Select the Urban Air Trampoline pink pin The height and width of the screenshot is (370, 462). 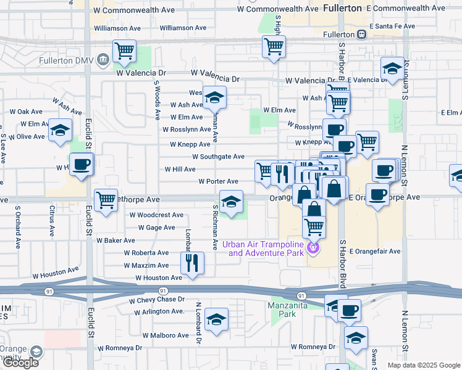313,248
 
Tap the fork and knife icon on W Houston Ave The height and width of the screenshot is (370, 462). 192,263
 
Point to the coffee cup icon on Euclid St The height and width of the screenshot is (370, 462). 81,165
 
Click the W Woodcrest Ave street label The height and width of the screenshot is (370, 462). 156,215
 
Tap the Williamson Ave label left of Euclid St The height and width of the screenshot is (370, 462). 117,28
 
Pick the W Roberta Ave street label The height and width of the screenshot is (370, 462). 146,253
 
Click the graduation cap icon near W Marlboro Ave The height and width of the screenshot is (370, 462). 216,319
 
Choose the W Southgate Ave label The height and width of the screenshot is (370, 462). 218,157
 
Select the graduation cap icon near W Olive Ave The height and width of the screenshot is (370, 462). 61,130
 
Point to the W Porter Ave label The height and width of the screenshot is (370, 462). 218,181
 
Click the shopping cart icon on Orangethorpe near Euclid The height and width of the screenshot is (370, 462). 106,200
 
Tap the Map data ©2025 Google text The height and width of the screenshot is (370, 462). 423,365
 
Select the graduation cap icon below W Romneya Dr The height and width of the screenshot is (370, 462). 356,338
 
